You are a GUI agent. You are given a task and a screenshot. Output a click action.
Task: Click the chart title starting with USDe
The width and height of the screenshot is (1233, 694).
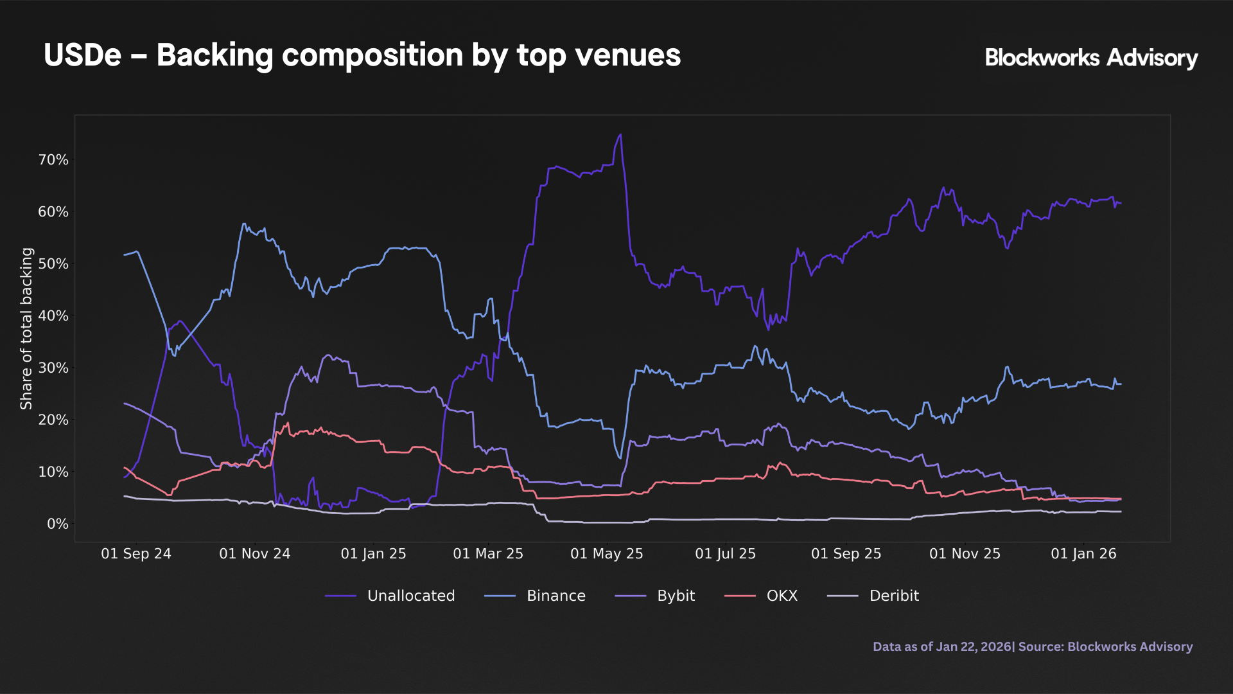[362, 55]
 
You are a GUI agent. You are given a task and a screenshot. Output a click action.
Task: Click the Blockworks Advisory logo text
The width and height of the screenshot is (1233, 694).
[1090, 58]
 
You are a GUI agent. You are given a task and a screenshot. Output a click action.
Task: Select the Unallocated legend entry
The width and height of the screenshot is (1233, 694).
[390, 596]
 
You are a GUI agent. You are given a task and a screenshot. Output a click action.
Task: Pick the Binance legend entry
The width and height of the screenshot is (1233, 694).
[535, 596]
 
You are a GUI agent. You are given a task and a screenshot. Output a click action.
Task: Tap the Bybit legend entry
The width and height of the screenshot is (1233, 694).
[655, 596]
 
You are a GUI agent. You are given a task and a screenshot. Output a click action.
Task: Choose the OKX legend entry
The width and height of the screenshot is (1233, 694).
[762, 596]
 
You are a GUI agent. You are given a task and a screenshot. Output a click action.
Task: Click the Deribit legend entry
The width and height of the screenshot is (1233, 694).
[873, 596]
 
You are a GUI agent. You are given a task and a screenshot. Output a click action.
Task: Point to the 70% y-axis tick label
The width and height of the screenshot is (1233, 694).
[53, 160]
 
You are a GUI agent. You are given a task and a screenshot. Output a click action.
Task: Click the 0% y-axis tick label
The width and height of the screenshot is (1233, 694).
[57, 524]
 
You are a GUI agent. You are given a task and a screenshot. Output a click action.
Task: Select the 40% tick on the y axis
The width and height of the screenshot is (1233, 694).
[53, 316]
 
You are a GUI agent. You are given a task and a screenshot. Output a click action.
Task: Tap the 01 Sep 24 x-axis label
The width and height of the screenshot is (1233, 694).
[136, 554]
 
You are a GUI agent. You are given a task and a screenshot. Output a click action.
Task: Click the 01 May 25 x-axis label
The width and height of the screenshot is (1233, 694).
[606, 554]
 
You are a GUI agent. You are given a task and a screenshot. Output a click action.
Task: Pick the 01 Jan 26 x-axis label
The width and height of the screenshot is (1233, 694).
[1083, 554]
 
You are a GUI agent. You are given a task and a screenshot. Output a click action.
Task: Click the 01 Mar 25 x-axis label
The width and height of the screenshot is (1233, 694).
[488, 554]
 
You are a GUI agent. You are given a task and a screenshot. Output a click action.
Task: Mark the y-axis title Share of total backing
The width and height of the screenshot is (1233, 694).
[26, 328]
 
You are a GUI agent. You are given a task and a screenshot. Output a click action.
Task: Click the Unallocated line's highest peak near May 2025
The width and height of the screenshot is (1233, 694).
[620, 135]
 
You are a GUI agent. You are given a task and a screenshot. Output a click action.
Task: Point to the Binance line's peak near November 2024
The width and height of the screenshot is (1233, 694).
[243, 224]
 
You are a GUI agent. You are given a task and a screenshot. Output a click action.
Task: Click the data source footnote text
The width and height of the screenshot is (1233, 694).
[1032, 646]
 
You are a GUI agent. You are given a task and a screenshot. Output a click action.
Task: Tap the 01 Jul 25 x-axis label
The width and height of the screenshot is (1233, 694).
[725, 554]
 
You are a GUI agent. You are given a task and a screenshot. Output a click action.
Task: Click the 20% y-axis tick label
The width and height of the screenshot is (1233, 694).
[53, 420]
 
